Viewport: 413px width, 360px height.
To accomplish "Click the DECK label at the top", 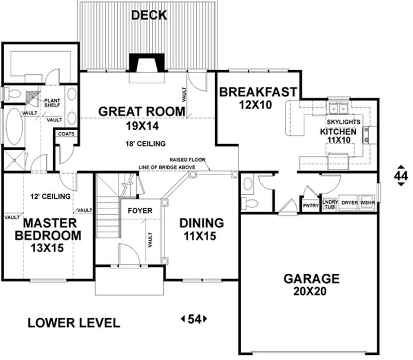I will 149,15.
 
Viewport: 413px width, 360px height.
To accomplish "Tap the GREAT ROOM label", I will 141,111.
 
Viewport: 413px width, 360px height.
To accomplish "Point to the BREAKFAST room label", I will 258,92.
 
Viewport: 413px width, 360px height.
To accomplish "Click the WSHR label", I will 368,203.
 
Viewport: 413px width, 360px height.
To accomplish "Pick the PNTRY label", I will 310,206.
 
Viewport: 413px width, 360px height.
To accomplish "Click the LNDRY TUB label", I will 329,205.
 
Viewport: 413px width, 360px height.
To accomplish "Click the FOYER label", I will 140,211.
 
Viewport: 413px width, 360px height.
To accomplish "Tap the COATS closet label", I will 67,134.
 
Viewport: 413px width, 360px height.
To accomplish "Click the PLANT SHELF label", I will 53,103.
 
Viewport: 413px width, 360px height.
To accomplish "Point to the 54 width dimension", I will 194,319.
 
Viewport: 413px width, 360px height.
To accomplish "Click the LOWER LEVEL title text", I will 73,323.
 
